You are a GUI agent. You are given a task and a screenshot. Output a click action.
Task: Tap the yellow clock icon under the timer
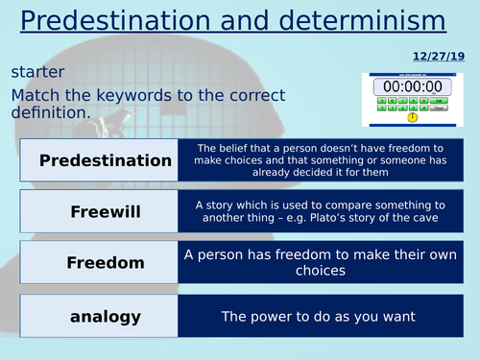[x=412, y=117]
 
